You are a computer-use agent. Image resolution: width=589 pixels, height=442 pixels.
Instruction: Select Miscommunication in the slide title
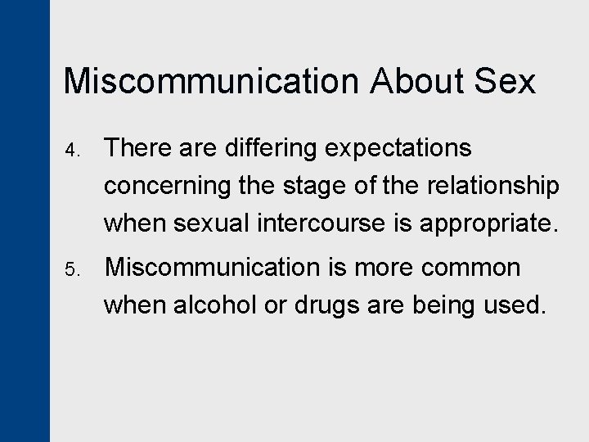coord(211,82)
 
